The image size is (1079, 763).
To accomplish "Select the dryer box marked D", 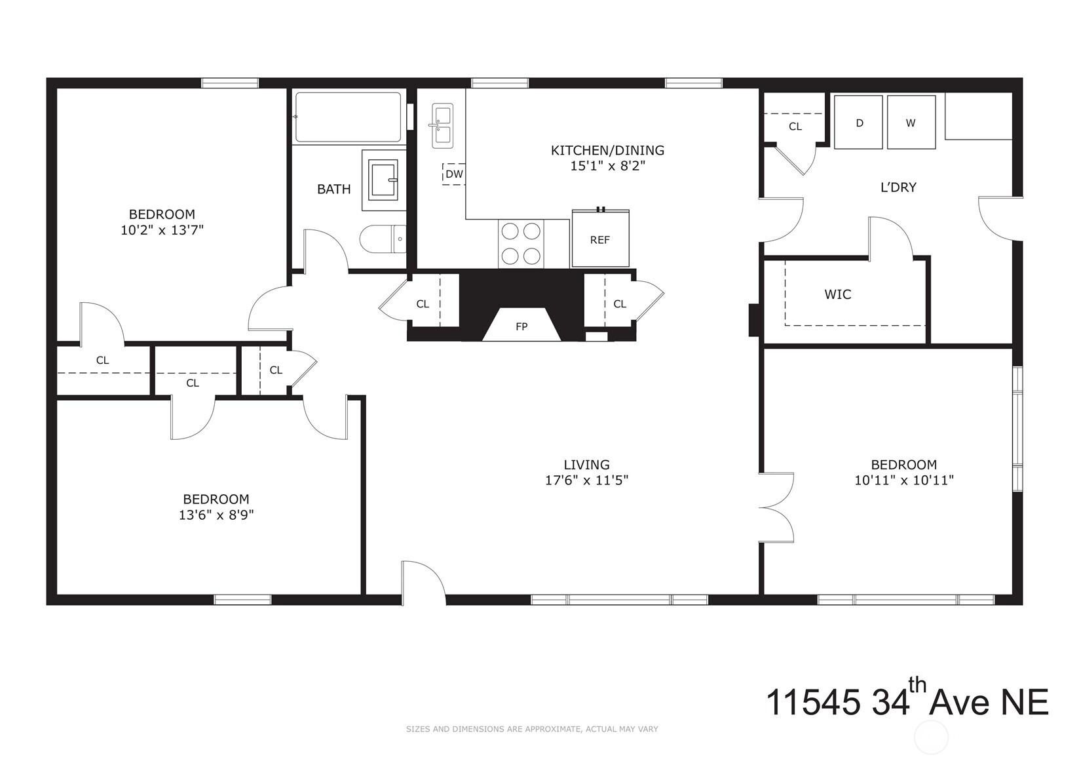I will (x=859, y=123).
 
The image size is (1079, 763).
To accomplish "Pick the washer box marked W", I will (x=911, y=123).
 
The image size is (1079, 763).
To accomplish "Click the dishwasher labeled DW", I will (x=453, y=174).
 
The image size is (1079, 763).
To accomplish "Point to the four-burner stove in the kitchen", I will (x=521, y=244).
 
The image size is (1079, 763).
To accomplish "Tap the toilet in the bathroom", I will (x=383, y=239).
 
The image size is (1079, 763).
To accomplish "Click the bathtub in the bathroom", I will (x=348, y=117).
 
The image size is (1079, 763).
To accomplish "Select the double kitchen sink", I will (x=442, y=126).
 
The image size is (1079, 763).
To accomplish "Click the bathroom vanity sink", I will (x=383, y=180).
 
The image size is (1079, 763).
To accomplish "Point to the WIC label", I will (x=837, y=294).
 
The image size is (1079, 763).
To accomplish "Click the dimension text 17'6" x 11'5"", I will (x=586, y=480).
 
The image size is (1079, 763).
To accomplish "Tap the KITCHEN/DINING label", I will (x=607, y=150).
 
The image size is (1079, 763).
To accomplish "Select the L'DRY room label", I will (x=898, y=187).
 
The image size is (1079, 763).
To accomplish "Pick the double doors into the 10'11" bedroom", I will (x=778, y=507).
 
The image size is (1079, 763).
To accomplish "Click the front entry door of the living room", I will (x=423, y=583).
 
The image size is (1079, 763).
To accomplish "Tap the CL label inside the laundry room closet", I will (x=795, y=127).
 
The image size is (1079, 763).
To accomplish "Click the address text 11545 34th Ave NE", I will (x=907, y=702).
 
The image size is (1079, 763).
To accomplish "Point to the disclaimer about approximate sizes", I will (x=531, y=729).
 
